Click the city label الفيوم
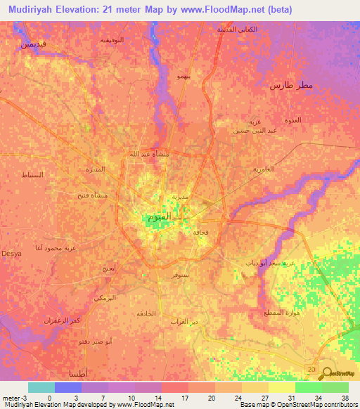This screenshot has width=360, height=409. coord(158,218)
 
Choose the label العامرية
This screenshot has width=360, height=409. coord(262,169)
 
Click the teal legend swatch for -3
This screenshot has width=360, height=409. coord(41,387)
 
